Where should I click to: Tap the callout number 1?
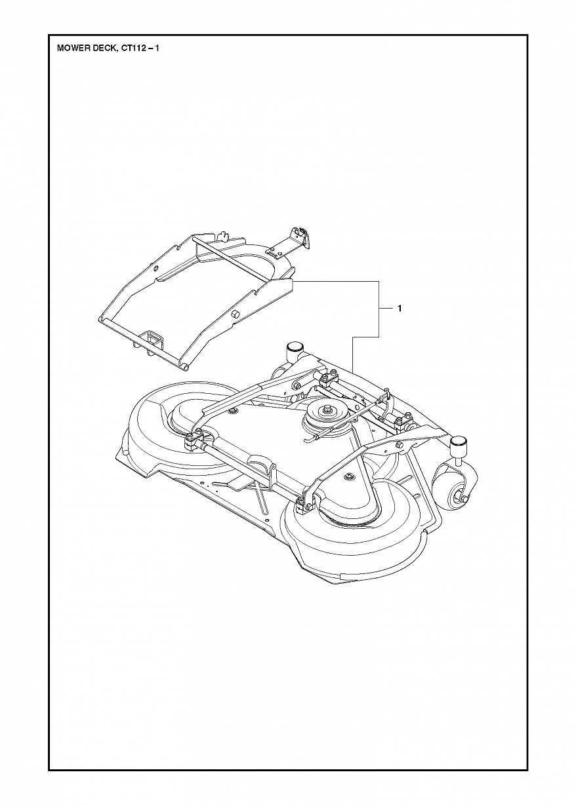click(399, 298)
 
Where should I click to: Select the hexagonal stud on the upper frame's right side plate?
click(234, 305)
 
